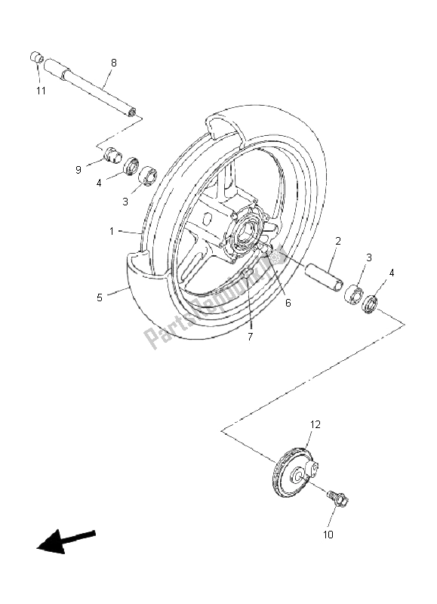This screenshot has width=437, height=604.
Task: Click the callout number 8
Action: (114, 63)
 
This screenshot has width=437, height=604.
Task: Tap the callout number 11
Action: (41, 91)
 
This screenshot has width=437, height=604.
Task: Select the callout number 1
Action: (112, 231)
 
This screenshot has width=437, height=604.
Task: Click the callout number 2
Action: (337, 242)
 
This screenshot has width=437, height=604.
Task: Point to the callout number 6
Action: (288, 303)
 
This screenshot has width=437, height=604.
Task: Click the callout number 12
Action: (315, 425)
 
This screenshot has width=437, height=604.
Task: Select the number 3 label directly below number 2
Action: (368, 257)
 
